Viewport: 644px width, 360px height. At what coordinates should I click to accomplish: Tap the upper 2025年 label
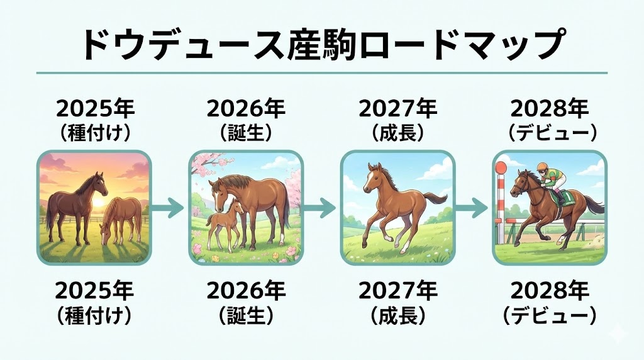tap(96, 109)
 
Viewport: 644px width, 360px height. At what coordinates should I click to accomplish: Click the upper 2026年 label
tap(246, 109)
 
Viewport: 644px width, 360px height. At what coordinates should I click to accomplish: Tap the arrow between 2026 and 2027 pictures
tap(319, 208)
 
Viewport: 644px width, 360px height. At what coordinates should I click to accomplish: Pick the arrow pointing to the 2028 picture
tap(472, 208)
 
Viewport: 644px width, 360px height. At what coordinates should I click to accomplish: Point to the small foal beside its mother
tap(224, 224)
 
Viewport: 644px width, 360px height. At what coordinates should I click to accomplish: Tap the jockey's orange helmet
tap(542, 167)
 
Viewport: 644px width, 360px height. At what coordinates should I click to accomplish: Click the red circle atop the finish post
tap(501, 167)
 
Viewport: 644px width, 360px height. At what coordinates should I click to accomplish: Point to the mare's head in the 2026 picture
tap(218, 193)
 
